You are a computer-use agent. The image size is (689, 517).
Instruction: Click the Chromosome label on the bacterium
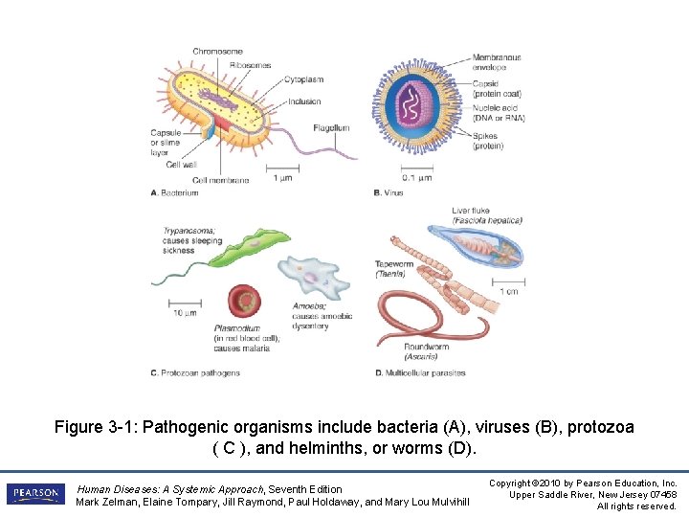tap(217, 51)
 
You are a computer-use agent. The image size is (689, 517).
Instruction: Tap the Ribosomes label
tap(250, 65)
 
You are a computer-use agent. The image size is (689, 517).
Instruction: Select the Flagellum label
tap(330, 128)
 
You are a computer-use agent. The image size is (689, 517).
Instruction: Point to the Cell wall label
tap(181, 164)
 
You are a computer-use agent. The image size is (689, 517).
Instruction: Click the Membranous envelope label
tap(497, 63)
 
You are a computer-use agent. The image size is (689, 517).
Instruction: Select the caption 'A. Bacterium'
tap(174, 192)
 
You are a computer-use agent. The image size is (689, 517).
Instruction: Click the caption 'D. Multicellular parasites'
tap(420, 372)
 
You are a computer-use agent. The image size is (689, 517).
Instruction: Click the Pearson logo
tap(35, 493)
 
